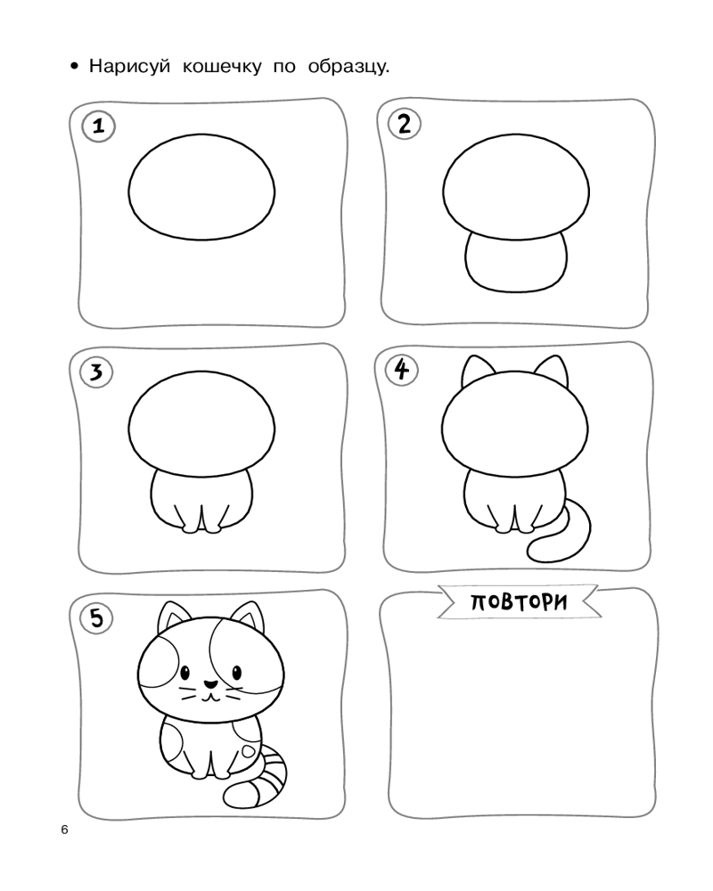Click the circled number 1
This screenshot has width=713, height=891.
pyautogui.click(x=98, y=126)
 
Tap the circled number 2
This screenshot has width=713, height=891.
pyautogui.click(x=404, y=124)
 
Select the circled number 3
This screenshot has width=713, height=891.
pyautogui.click(x=96, y=372)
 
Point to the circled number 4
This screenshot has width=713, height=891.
pyautogui.click(x=402, y=370)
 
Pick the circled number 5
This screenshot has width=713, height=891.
pyautogui.click(x=96, y=617)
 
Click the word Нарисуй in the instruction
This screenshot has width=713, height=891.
pyautogui.click(x=129, y=67)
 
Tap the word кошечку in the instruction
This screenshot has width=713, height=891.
pyautogui.click(x=222, y=67)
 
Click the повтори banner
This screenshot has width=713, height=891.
pyautogui.click(x=519, y=601)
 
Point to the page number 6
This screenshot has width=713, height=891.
pyautogui.click(x=64, y=830)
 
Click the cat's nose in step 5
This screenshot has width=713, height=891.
pyautogui.click(x=210, y=684)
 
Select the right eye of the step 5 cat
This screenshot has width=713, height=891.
pyautogui.click(x=236, y=673)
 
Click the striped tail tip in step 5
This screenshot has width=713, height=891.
pyautogui.click(x=234, y=796)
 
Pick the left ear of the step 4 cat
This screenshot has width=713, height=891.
pyautogui.click(x=477, y=372)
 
